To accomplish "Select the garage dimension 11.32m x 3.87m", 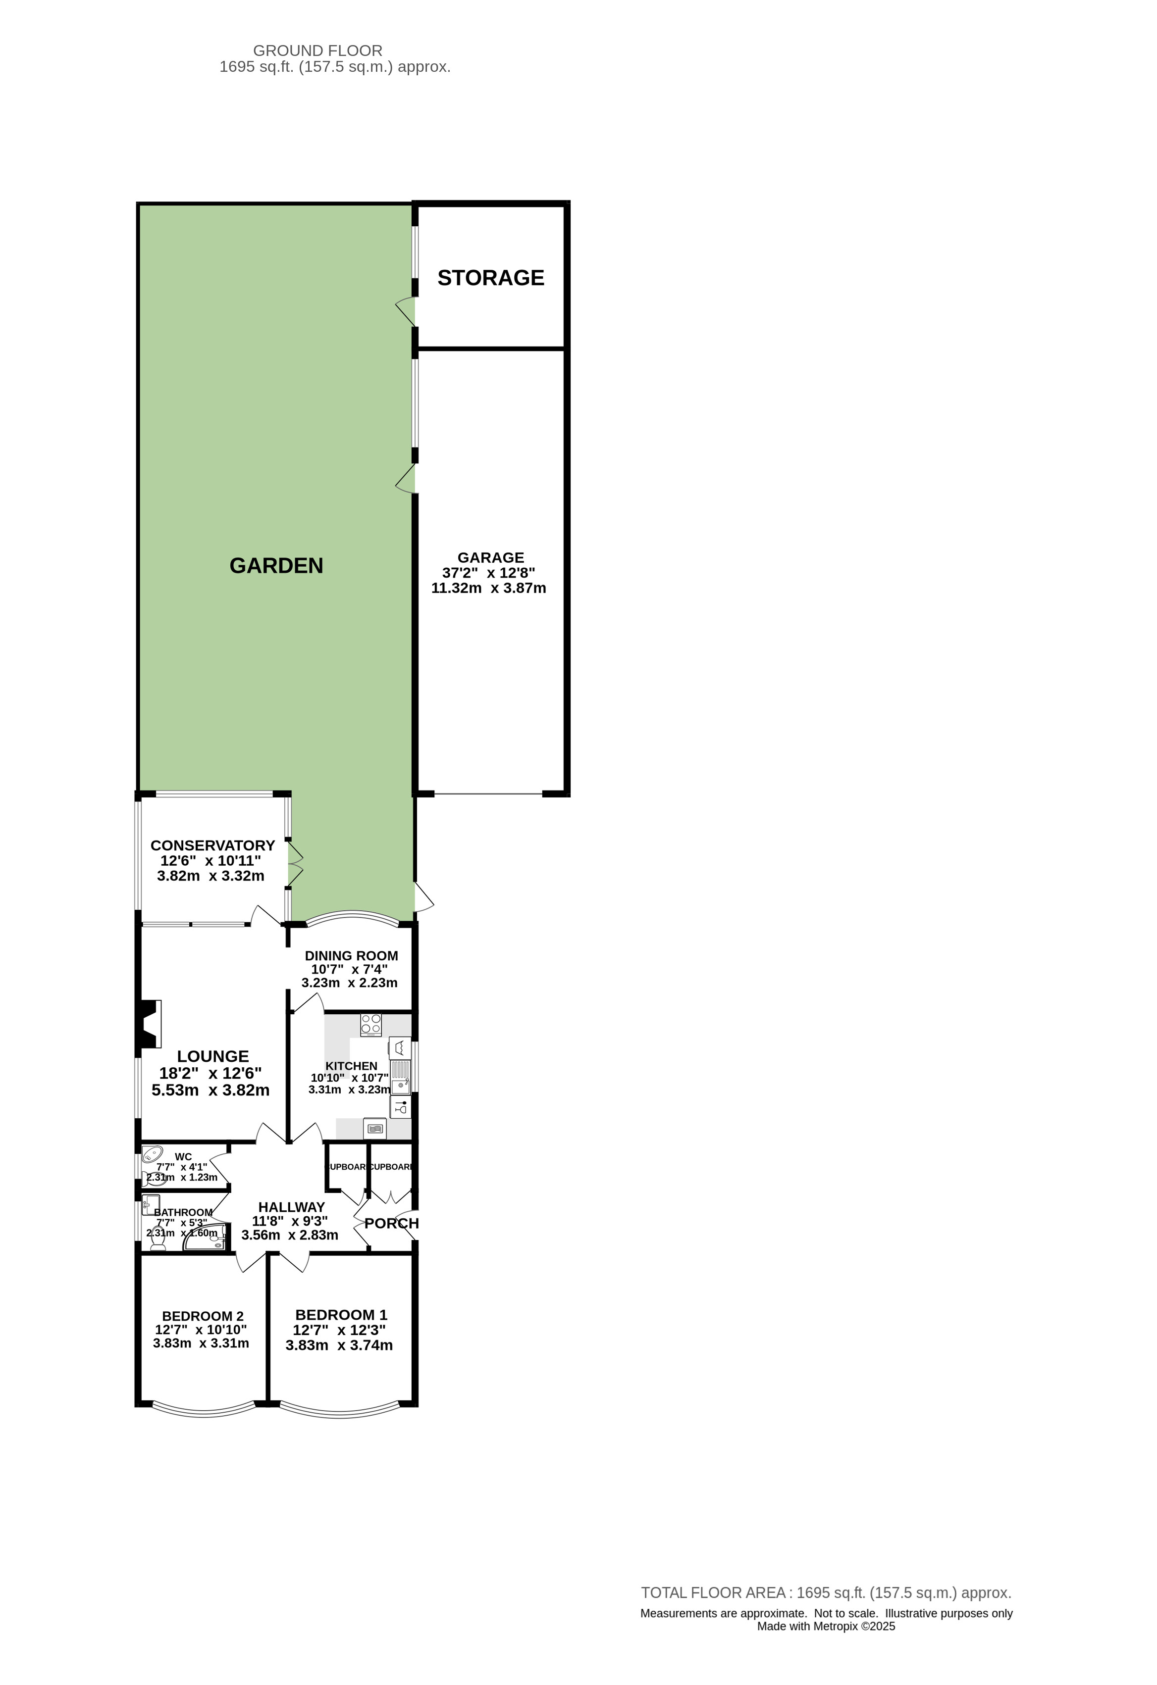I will pyautogui.click(x=488, y=588).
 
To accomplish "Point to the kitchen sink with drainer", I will pyautogui.click(x=400, y=1078).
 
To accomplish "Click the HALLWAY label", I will pyautogui.click(x=292, y=1207).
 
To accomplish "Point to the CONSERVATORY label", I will pyautogui.click(x=212, y=845).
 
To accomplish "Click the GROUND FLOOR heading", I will pyautogui.click(x=317, y=51).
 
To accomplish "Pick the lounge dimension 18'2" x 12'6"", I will pyautogui.click(x=210, y=1073).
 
